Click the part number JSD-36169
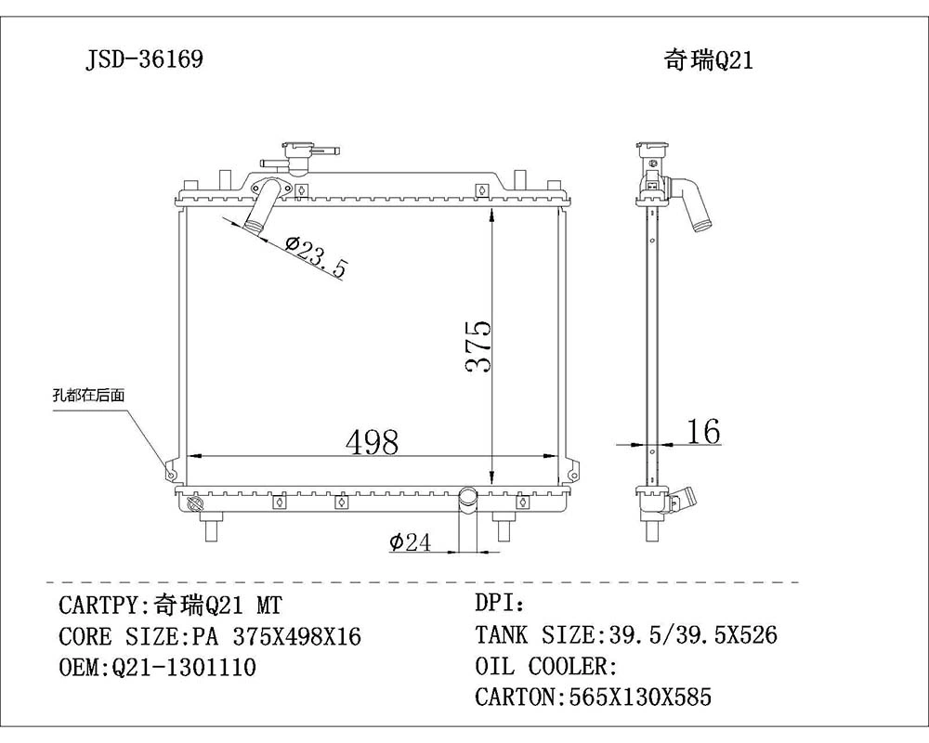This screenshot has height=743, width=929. (x=144, y=60)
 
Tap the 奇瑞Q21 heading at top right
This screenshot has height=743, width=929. (x=708, y=60)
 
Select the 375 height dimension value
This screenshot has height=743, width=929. (x=478, y=347)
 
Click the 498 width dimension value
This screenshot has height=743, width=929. (x=372, y=442)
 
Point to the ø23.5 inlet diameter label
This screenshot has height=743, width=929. (x=316, y=257)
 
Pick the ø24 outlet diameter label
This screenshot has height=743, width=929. (x=410, y=542)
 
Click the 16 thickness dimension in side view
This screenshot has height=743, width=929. (x=703, y=431)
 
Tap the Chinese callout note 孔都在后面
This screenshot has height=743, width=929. (x=88, y=395)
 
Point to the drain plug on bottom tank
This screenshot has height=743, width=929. (x=194, y=504)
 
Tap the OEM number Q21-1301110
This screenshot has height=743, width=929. (x=183, y=668)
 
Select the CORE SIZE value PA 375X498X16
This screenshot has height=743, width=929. (x=276, y=637)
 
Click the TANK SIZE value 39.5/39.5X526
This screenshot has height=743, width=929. (x=691, y=635)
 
